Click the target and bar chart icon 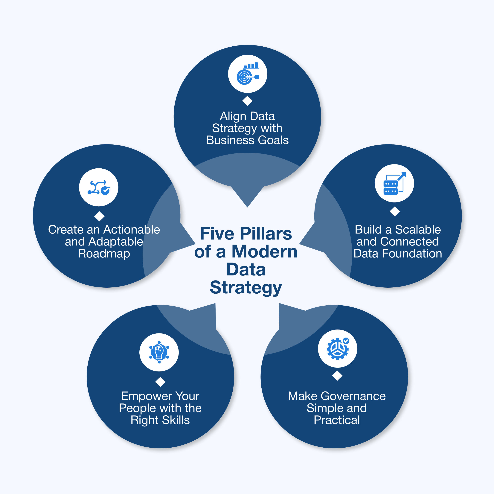(248, 74)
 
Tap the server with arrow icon (394, 183)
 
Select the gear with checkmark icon (338, 348)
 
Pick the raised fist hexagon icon (159, 352)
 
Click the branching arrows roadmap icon (99, 187)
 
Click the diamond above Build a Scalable (395, 211)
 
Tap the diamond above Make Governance (337, 376)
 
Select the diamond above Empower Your (160, 382)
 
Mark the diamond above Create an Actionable (99, 216)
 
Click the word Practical (337, 420)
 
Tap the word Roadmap (104, 254)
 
